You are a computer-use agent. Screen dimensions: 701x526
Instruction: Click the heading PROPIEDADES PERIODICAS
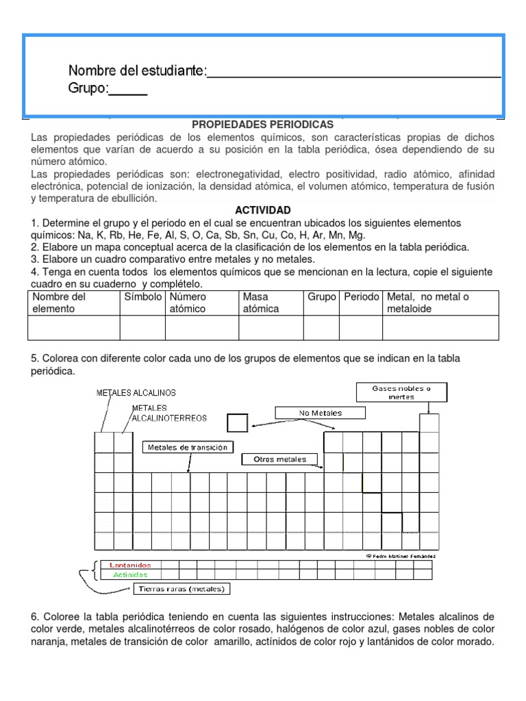(262, 125)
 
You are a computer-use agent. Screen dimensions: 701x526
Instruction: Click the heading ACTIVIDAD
(262, 209)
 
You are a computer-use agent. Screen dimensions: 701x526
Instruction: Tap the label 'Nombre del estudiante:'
(137, 71)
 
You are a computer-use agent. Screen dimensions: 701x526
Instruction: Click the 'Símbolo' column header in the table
(142, 297)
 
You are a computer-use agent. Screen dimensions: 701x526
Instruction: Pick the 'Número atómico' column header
(189, 303)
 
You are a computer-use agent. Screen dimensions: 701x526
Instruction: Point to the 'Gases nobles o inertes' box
(402, 392)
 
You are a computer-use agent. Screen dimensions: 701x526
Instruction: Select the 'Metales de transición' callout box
(188, 447)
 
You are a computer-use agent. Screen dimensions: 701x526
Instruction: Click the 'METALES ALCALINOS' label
(136, 392)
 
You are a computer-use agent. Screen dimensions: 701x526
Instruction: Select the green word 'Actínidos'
(130, 575)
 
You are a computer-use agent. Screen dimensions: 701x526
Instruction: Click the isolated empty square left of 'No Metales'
(237, 422)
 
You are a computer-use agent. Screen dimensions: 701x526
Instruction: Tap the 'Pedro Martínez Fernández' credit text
(401, 556)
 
